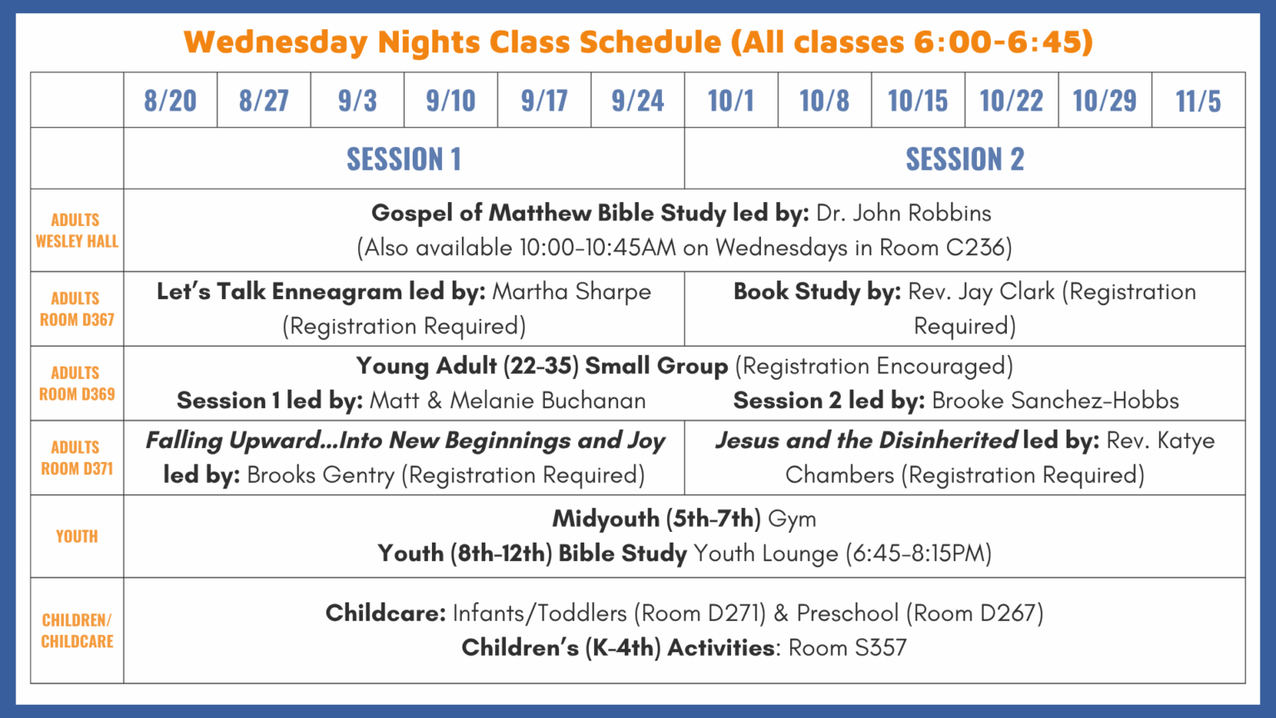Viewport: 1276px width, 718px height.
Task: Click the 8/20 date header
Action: pos(169,101)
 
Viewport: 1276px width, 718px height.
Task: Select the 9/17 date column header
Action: pos(544,101)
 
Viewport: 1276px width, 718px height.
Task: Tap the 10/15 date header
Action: pos(918,101)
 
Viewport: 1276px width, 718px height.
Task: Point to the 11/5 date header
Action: pos(1198,101)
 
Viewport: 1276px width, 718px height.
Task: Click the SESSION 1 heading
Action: pos(404,159)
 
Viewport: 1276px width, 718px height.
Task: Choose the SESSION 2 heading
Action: pos(965,159)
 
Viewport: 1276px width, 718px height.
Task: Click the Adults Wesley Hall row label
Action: pos(77,230)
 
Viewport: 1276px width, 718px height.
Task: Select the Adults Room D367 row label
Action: pos(77,309)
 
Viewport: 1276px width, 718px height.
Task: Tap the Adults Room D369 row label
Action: pos(77,383)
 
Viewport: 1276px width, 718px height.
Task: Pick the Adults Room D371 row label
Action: pos(77,458)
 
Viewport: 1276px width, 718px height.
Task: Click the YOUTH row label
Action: pos(77,536)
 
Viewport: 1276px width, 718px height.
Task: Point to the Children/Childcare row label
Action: pos(77,630)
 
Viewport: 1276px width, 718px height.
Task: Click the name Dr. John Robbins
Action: pos(904,213)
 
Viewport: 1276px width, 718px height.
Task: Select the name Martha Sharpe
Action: pos(572,292)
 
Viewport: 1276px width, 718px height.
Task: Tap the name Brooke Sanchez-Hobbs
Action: pos(1056,401)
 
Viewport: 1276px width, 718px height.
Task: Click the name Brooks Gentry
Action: pos(321,475)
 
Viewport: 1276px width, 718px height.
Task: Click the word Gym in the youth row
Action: pos(792,519)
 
